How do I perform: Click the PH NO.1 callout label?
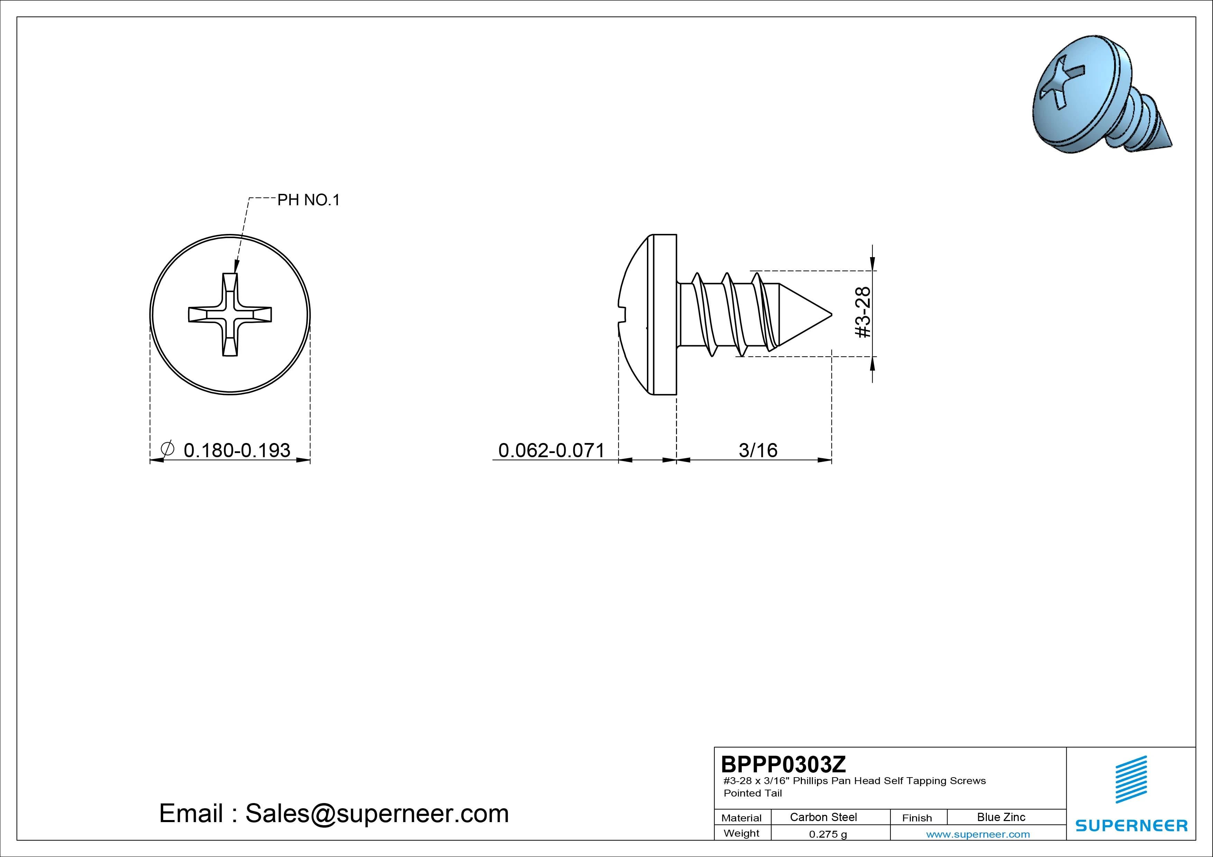pyautogui.click(x=308, y=200)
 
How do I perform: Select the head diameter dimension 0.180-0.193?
pyautogui.click(x=237, y=450)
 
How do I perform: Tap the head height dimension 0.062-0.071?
pyautogui.click(x=552, y=450)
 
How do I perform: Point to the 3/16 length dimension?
pyautogui.click(x=758, y=450)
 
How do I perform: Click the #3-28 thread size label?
pyautogui.click(x=862, y=313)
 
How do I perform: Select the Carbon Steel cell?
pyautogui.click(x=823, y=817)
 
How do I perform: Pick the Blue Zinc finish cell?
pyautogui.click(x=1001, y=817)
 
